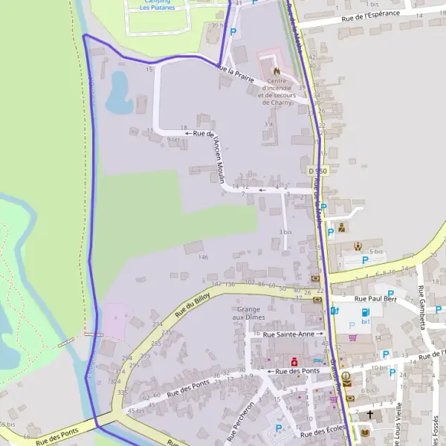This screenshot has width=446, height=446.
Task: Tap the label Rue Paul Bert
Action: (x=375, y=299)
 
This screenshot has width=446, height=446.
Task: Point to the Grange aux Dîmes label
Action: (x=250, y=313)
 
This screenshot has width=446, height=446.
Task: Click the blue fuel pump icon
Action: (x=365, y=313)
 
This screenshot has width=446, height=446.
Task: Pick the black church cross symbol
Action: (x=370, y=413)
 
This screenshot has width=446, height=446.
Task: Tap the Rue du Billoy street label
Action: (x=193, y=305)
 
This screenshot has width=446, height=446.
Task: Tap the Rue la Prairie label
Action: (x=236, y=74)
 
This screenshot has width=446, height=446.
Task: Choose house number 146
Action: (x=203, y=257)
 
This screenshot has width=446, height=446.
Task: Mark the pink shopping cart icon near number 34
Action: (x=353, y=337)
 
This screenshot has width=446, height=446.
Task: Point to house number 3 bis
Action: (x=285, y=233)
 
